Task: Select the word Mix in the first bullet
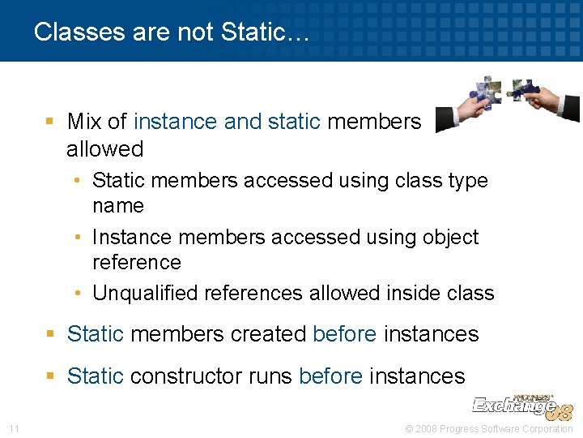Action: coord(84,122)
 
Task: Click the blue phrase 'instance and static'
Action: coord(228,122)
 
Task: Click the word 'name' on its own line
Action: coord(118,206)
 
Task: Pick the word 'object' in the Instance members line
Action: coord(450,238)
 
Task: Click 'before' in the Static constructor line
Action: coord(330,376)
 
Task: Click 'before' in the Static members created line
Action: coord(344,333)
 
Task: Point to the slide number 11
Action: coord(14,428)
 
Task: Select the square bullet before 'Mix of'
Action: coord(49,122)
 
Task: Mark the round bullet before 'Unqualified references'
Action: coord(83,294)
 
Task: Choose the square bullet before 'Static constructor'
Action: coord(49,376)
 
